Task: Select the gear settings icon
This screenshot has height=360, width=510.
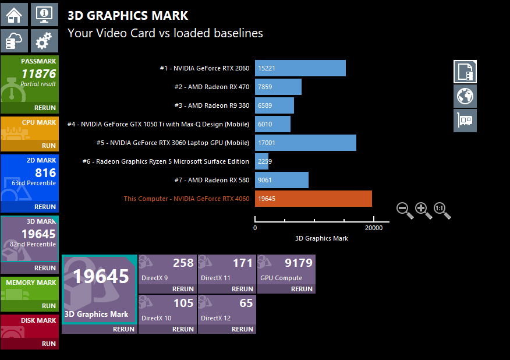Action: point(44,41)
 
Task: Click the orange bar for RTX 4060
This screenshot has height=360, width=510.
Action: point(313,199)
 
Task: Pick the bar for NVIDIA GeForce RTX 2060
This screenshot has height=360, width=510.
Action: point(300,68)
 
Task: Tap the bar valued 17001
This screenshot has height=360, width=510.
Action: point(305,143)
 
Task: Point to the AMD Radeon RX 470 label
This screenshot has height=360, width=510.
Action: point(211,87)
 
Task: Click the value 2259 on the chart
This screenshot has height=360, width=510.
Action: point(265,161)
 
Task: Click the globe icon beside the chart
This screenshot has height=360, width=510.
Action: point(465,96)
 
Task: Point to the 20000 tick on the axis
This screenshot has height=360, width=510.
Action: point(374,228)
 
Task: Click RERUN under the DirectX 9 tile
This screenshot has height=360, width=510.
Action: point(183,289)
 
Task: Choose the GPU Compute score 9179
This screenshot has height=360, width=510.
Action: point(299,263)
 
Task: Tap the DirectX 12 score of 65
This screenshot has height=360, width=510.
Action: point(246,303)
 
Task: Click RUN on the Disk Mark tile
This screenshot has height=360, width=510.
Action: point(49,344)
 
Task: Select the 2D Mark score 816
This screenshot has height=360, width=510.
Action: point(45,172)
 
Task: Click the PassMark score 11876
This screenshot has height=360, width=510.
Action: point(38,74)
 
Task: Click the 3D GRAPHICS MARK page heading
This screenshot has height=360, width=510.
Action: point(128,16)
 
